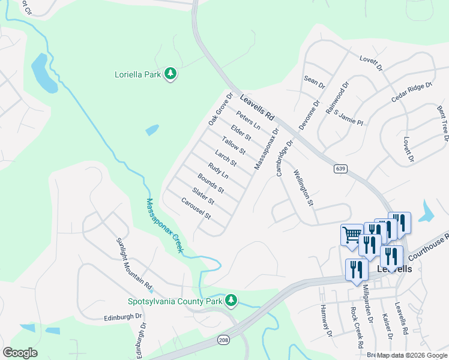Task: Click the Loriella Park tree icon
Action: point(171,74)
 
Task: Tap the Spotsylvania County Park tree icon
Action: point(231,300)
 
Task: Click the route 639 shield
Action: point(341,169)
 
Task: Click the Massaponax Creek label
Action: point(164,226)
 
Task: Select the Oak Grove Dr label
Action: point(220,109)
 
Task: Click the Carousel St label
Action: point(196,207)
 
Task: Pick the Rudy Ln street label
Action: point(218,170)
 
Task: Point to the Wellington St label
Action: point(303,187)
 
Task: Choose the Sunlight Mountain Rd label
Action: point(134,260)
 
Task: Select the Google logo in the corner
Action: point(20,353)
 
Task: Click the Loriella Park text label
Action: point(137,74)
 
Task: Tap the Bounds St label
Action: point(211,182)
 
